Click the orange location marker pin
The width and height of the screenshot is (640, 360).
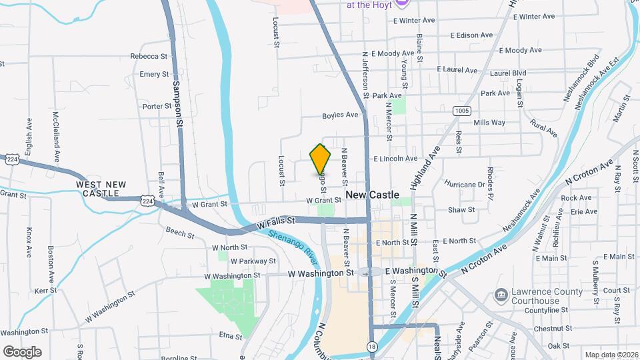320,159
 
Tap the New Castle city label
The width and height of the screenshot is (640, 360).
373,195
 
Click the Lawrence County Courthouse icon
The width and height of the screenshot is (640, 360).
500,294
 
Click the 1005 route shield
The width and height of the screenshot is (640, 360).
461,110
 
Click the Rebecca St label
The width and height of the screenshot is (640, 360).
149,57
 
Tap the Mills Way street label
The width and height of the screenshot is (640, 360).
489,123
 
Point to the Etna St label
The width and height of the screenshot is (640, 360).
230,337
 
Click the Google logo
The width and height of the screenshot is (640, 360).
22,351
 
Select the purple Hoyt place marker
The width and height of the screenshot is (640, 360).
400,4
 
